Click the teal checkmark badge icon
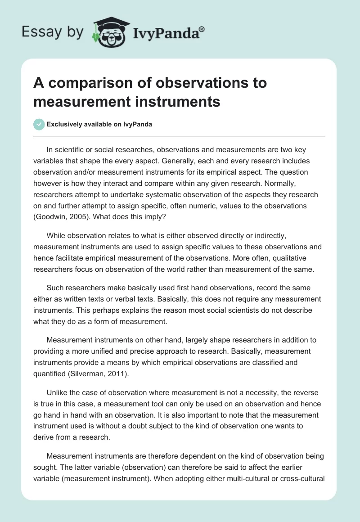(x=39, y=124)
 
